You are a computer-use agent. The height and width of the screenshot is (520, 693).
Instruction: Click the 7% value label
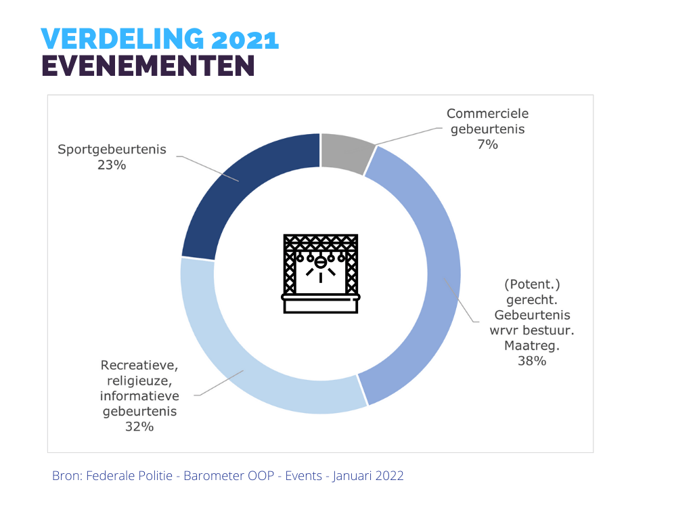pos(487,144)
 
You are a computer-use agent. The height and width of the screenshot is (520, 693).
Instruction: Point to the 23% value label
pos(112,165)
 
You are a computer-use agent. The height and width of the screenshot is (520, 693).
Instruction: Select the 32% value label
pos(139,427)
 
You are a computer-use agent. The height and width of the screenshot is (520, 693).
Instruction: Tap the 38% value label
pos(531,361)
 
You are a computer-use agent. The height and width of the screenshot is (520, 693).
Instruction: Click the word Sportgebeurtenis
pos(112,149)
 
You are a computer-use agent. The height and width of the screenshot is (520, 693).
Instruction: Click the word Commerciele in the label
pos(487,113)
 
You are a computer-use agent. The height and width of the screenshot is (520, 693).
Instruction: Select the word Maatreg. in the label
pos(531,345)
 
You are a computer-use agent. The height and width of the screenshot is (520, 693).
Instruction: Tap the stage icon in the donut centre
pos(321,274)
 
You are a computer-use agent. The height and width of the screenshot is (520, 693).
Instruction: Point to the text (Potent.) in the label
pos(531,284)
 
